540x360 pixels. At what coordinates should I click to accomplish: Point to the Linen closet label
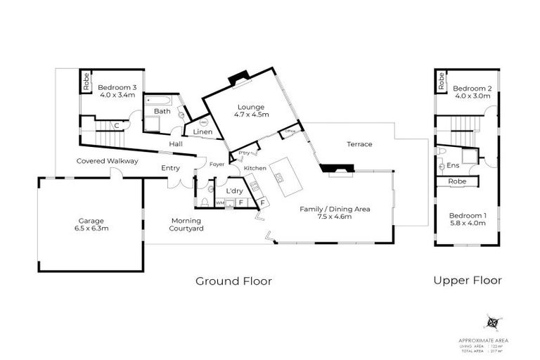[x=193, y=131]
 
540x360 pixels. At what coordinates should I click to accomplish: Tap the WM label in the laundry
[x=219, y=202]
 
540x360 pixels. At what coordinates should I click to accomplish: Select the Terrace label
[x=359, y=144]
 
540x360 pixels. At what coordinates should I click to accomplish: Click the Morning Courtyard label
[x=186, y=224]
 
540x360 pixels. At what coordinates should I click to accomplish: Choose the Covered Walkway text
[x=107, y=161]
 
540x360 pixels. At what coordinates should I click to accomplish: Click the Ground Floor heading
[x=233, y=281]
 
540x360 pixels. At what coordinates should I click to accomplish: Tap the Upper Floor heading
[x=467, y=280]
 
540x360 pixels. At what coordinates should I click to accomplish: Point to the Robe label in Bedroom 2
[x=441, y=81]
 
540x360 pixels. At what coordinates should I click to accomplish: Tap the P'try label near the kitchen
[x=245, y=153]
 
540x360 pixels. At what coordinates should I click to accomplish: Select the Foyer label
[x=217, y=165]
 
